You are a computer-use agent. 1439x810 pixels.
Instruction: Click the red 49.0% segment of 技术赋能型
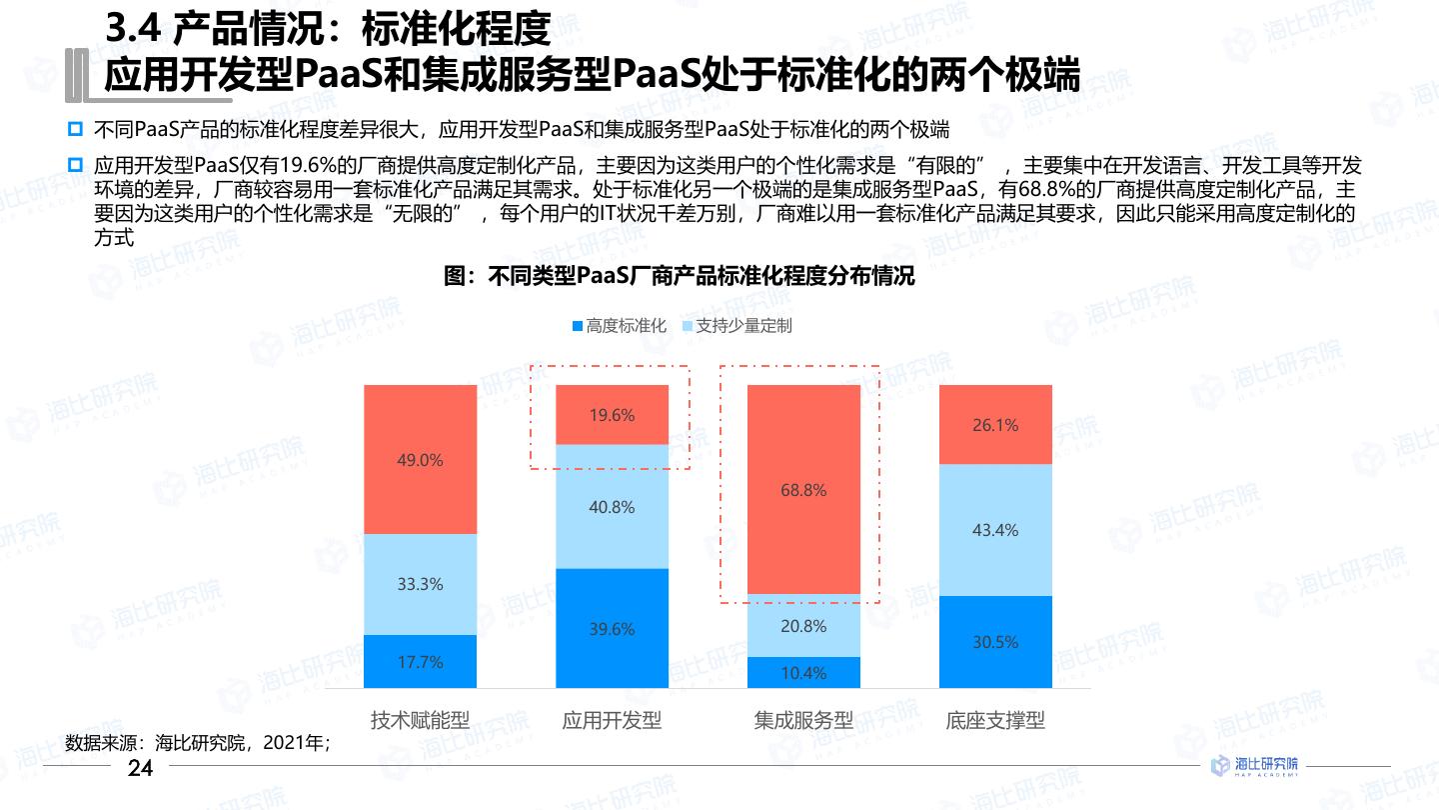420,459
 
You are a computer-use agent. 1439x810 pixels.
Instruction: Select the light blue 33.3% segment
420,584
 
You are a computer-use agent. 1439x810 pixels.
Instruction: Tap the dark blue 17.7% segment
420,661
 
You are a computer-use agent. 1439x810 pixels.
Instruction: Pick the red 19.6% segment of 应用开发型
612,415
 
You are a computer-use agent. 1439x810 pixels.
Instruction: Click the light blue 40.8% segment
612,507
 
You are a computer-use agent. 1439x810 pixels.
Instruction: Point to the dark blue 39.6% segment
612,628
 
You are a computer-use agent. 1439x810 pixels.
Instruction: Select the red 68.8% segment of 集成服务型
803,490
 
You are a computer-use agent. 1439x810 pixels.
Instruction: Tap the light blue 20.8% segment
803,626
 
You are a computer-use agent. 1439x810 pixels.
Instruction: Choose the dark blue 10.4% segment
803,672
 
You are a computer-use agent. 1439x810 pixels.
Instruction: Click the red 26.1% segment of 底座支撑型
995,425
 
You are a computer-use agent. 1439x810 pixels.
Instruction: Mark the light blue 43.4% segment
995,530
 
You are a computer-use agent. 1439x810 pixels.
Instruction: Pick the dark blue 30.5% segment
995,642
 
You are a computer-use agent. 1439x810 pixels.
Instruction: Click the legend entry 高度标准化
619,326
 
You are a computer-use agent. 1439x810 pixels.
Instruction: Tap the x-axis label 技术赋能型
420,720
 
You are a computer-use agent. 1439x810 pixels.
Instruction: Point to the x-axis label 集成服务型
803,720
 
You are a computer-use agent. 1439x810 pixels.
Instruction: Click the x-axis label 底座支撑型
995,720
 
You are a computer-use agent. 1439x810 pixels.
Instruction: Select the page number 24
140,768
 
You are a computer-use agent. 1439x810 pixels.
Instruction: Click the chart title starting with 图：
680,277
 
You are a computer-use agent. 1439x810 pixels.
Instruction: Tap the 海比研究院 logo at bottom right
1255,766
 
